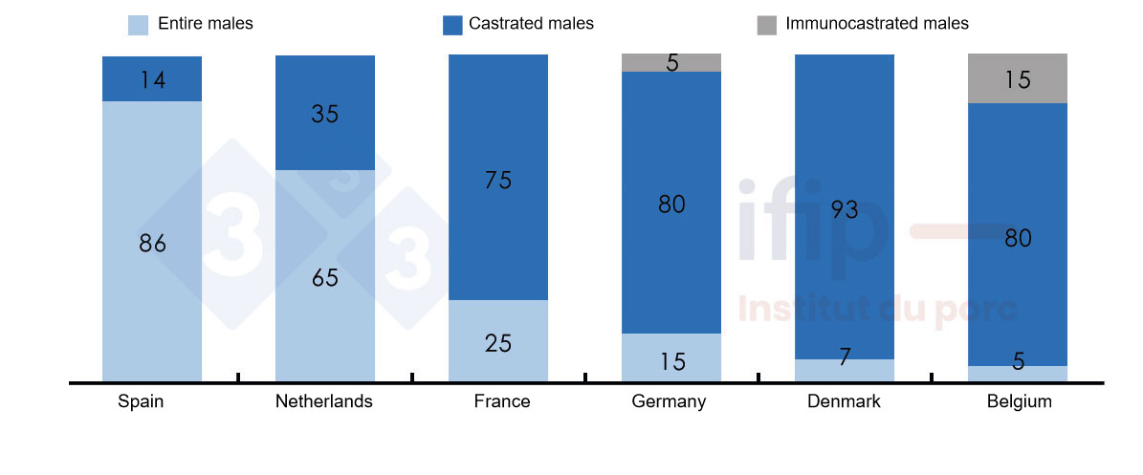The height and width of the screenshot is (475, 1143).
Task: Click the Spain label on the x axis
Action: coord(141,401)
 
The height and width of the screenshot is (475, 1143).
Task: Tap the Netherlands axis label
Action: coord(323,401)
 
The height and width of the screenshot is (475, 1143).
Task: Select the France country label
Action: coord(501,401)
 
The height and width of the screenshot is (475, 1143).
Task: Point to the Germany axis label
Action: coord(669,401)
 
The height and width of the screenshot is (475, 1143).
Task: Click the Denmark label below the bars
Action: coord(844,401)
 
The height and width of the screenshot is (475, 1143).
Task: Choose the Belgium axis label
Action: coord(1019,401)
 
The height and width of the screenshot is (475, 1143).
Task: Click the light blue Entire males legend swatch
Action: coord(138,25)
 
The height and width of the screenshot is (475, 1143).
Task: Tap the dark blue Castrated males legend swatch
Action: coord(453,25)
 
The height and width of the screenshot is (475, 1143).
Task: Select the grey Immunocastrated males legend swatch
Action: coord(767,25)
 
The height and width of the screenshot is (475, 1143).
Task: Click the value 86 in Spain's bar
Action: coord(152,244)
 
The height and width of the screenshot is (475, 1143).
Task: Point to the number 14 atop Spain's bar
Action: coord(152,80)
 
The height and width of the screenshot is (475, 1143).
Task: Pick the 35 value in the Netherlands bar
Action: coord(325,114)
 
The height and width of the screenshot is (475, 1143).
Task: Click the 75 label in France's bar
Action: coord(498,180)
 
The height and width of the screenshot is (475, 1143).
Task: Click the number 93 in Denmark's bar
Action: coord(845,210)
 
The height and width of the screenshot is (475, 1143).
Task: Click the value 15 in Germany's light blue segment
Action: coord(671,362)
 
